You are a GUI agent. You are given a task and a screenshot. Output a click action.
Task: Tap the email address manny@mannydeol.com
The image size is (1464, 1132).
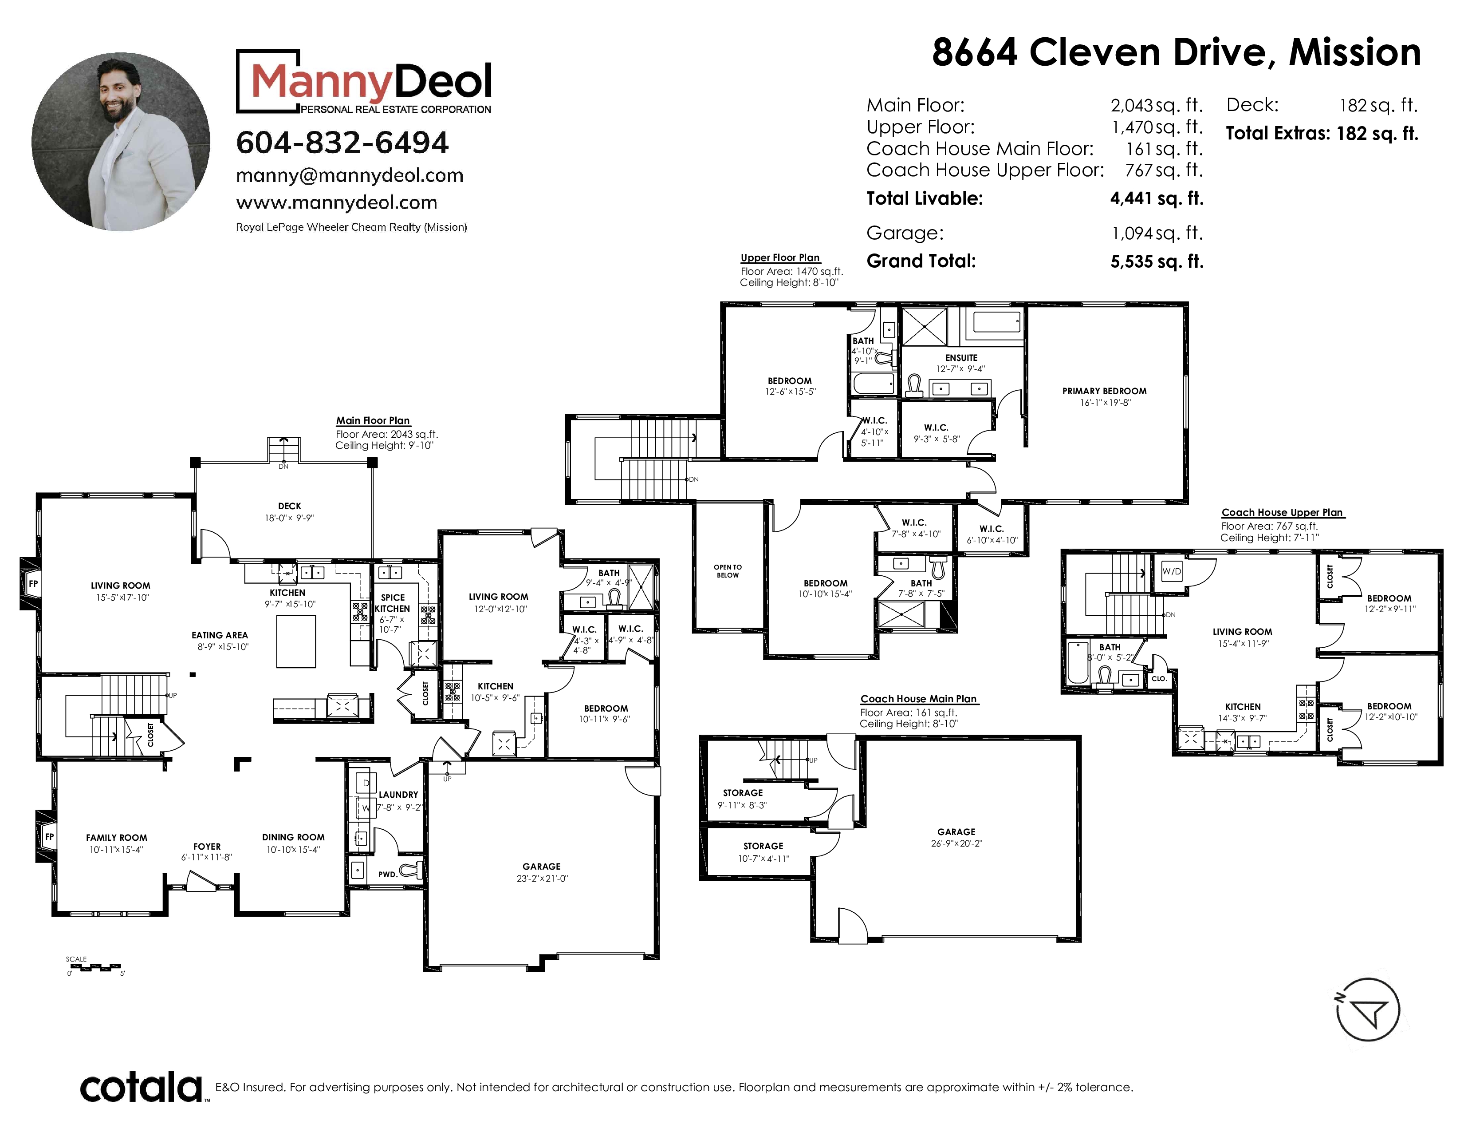coord(349,176)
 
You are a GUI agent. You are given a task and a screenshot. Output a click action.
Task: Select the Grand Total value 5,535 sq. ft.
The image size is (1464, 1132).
coord(1156,261)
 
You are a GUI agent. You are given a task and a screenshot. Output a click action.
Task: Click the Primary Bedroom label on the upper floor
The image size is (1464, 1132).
coord(1104,391)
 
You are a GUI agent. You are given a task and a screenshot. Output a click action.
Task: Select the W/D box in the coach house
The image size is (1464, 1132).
coord(1171,571)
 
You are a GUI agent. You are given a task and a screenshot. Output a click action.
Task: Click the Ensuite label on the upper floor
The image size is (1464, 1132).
coord(961,358)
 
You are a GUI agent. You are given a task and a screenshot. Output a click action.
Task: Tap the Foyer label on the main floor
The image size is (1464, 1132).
coord(207,846)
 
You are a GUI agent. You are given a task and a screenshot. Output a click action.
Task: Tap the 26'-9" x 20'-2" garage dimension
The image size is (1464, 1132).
coord(956,843)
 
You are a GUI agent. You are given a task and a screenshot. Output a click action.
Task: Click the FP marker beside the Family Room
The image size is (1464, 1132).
coord(49,836)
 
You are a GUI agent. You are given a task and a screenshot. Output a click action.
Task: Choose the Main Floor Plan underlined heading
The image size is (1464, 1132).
coord(373,420)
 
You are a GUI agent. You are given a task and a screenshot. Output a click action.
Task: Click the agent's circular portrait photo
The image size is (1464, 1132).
coord(121,142)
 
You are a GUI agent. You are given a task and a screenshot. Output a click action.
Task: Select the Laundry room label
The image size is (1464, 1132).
coord(398,795)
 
